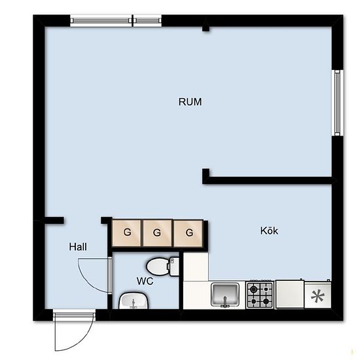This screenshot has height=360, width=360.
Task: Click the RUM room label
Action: [x=190, y=102]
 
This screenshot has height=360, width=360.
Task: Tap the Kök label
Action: [x=269, y=230]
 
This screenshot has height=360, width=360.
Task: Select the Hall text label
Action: [x=78, y=247]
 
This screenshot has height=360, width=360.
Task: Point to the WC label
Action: [x=145, y=281]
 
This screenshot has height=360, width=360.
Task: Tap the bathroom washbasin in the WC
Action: [x=134, y=301]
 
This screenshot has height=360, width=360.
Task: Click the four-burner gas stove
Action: [x=260, y=295]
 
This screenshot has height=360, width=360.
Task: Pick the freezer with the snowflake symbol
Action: [x=317, y=295]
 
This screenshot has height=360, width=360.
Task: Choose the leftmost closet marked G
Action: [x=126, y=233]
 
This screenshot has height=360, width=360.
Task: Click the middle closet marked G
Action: [x=157, y=233]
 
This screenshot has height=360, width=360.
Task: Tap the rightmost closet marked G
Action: [x=189, y=233]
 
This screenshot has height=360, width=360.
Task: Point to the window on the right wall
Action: [x=337, y=103]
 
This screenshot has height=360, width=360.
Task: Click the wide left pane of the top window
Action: [x=101, y=21]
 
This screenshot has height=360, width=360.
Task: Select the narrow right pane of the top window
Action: [x=147, y=21]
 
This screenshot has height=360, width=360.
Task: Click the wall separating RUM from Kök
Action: [x=268, y=180]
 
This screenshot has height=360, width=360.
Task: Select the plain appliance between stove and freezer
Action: [x=290, y=295]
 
